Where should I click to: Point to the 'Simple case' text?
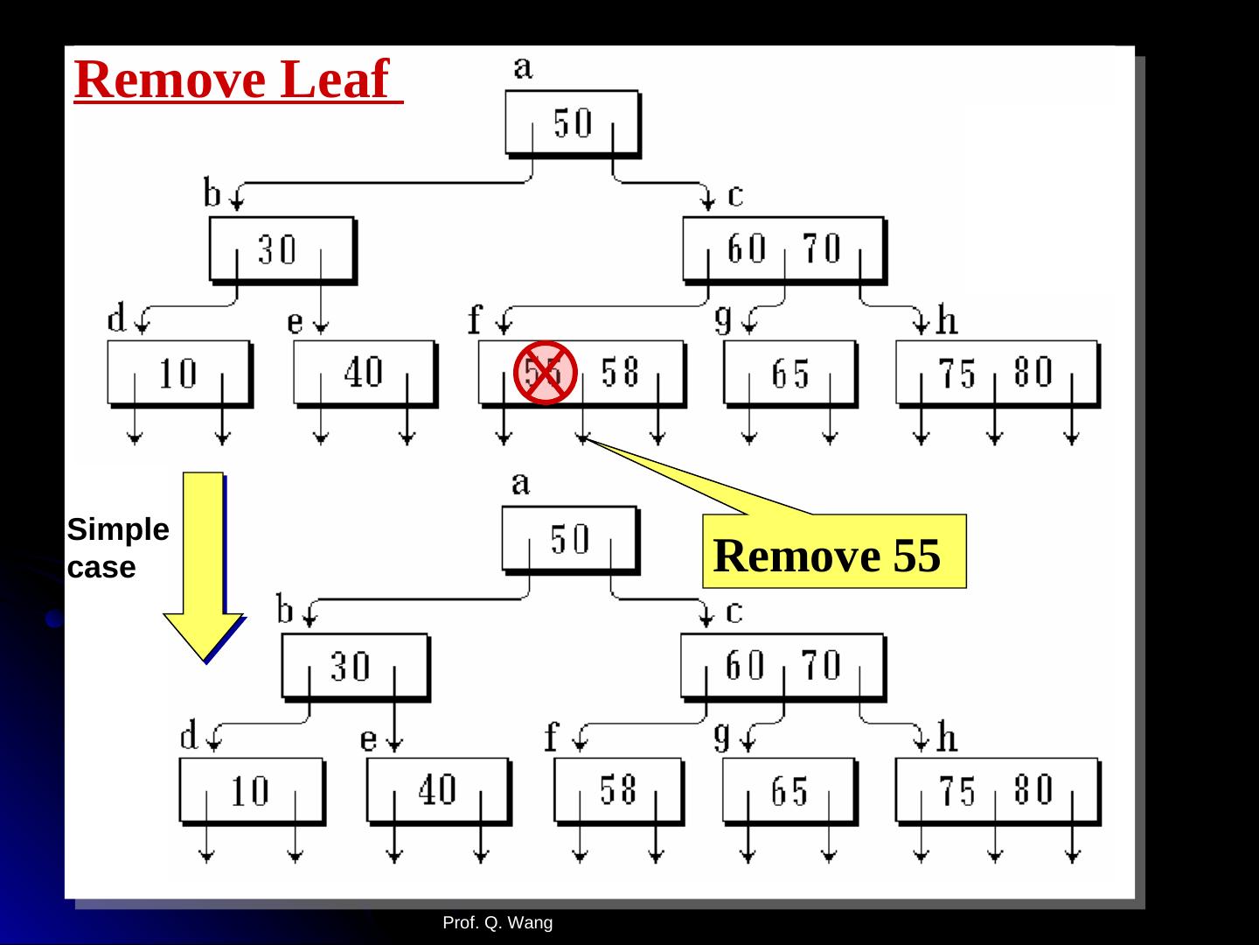pyautogui.click(x=117, y=549)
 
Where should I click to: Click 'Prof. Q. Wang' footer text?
pyautogui.click(x=497, y=922)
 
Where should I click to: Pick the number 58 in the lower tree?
pyautogui.click(x=618, y=790)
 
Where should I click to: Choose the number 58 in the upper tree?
pyautogui.click(x=621, y=374)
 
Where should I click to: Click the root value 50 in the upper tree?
pyautogui.click(x=573, y=123)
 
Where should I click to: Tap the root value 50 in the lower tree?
pyautogui.click(x=570, y=540)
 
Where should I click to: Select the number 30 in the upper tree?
pyautogui.click(x=277, y=250)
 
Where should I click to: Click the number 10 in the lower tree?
pyautogui.click(x=250, y=791)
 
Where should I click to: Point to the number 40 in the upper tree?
pyautogui.click(x=363, y=373)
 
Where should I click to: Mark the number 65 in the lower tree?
pyautogui.click(x=789, y=792)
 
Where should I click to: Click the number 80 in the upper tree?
pyautogui.click(x=1033, y=373)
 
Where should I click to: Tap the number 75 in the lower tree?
pyautogui.click(x=957, y=792)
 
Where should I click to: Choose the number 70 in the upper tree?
pyautogui.click(x=822, y=249)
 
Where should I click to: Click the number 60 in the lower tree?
pyautogui.click(x=745, y=667)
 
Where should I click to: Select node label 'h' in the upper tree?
pyautogui.click(x=947, y=321)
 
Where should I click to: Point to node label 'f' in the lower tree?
pyautogui.click(x=550, y=738)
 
